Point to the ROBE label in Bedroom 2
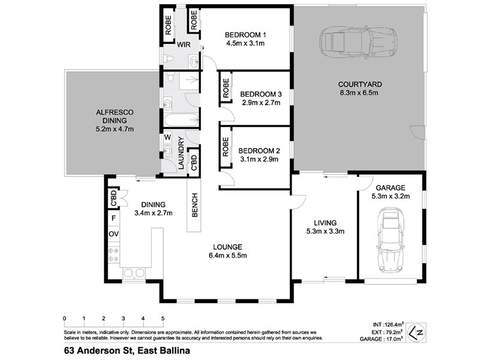coord(226,147)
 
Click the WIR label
coord(183,44)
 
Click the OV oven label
coord(113,233)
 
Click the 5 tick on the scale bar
coord(163,319)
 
